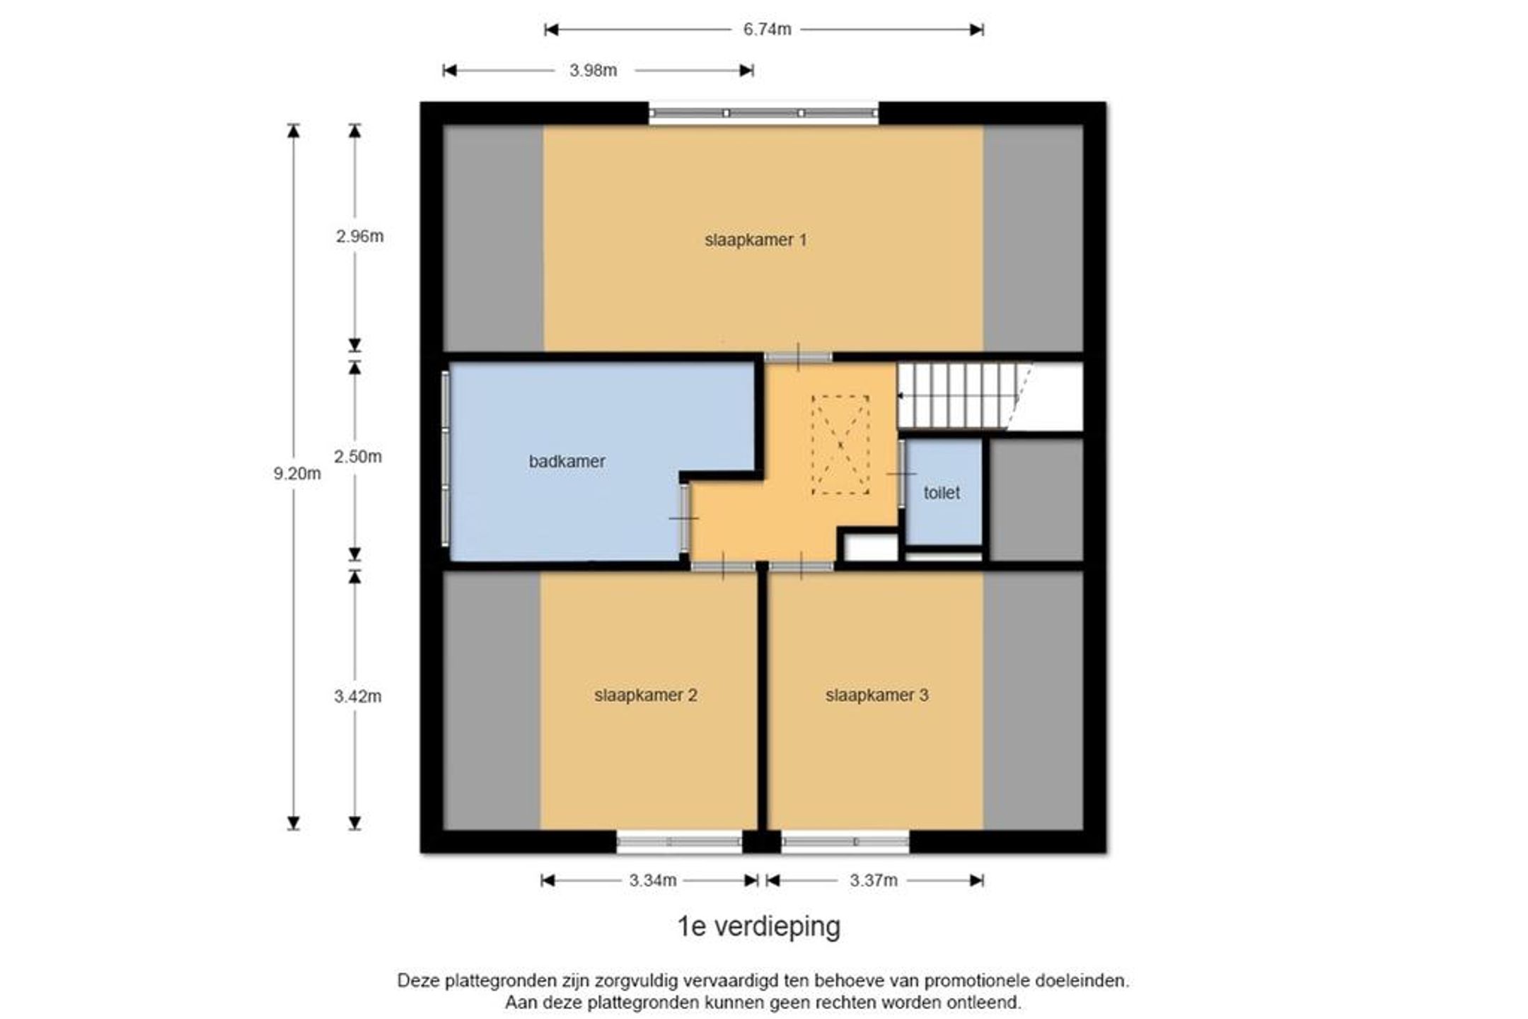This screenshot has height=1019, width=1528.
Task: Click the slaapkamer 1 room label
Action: [x=756, y=240]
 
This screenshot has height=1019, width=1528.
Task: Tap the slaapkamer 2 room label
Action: [x=646, y=695]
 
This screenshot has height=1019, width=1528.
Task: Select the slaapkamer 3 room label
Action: [x=876, y=695]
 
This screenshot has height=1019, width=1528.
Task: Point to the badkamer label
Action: [x=567, y=461]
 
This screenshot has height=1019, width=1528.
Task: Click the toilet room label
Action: [x=942, y=492]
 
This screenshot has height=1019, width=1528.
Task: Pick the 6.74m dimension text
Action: [x=767, y=30]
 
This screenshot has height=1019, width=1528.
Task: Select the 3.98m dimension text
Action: [x=593, y=71]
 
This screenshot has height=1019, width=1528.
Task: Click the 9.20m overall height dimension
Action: [x=297, y=474]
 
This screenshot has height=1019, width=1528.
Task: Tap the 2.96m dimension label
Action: [x=360, y=236]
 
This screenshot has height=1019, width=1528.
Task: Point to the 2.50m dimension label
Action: [x=358, y=457]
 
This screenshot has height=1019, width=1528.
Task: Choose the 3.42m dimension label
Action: [x=358, y=697]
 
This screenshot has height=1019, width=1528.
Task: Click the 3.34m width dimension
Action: [x=653, y=880]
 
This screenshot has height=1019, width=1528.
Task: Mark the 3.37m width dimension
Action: [x=874, y=880]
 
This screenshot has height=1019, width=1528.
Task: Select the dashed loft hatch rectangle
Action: [x=840, y=445]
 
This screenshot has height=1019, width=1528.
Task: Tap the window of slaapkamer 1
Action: [x=764, y=113]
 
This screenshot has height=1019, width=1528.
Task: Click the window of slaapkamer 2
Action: [x=680, y=842]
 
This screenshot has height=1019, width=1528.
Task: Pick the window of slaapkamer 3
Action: [x=845, y=842]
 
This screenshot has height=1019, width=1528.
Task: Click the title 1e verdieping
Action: [x=759, y=926]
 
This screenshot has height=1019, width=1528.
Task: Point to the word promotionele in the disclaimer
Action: [x=978, y=981]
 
